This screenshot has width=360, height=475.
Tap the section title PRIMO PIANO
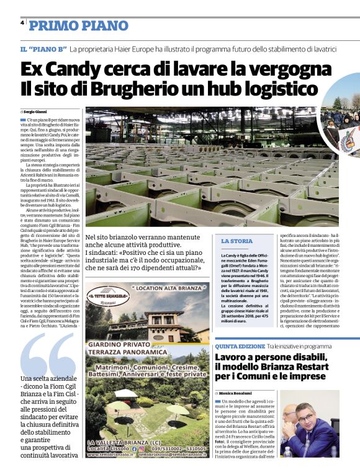pyautogui.click(x=74, y=25)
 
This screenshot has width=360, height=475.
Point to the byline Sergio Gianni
pyautogui.click(x=39, y=111)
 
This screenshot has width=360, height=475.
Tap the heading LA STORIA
pyautogui.click(x=236, y=241)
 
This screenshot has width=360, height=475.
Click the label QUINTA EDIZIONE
pyautogui.click(x=238, y=346)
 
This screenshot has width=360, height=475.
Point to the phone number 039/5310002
pyautogui.click(x=162, y=464)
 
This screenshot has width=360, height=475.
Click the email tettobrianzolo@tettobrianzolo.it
pyautogui.click(x=172, y=471)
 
